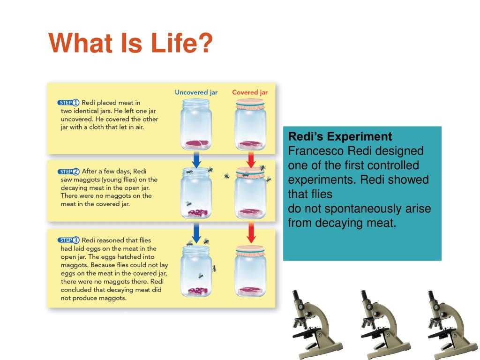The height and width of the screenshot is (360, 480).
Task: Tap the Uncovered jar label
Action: pos(196,92)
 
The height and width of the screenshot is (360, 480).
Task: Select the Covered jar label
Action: pos(250,92)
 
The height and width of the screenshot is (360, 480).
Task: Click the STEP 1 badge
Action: pos(68,103)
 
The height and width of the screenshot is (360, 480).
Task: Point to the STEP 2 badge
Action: pos(68,172)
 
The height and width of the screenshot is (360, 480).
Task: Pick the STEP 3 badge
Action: pos(68,240)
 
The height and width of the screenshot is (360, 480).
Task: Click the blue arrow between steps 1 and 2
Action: pos(196,159)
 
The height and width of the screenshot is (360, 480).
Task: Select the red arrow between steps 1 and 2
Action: pos(251,159)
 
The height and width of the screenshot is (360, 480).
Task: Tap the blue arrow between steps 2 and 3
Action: pos(196,232)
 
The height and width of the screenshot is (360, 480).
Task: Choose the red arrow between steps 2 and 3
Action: pos(251,232)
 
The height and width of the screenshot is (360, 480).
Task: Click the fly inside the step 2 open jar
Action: pos(189,203)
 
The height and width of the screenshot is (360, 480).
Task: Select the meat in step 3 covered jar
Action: pos(250,291)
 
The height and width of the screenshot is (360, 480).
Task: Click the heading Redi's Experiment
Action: pos(340,136)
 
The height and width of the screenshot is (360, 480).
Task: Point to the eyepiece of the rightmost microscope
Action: pos(432,297)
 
